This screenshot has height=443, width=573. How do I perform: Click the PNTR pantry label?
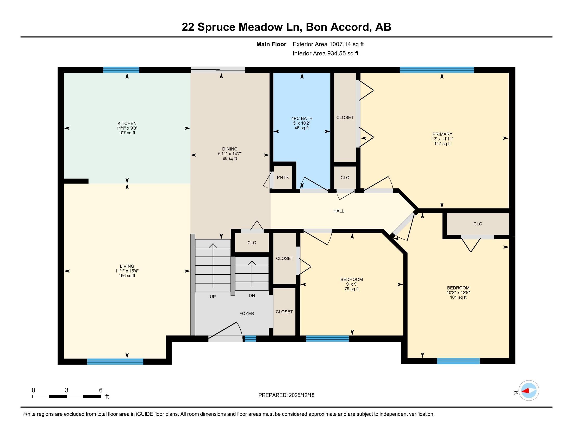(x=283, y=177)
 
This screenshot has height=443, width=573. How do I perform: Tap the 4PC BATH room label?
(x=301, y=118)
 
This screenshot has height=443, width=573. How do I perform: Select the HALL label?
(x=339, y=211)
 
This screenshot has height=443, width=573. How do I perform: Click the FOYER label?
(x=247, y=313)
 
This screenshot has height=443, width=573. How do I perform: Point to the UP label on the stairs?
(x=213, y=297)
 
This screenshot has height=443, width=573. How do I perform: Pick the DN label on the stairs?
(x=252, y=296)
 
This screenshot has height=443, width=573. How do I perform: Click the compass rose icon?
(x=529, y=391)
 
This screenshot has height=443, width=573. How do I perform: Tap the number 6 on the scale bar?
(x=101, y=390)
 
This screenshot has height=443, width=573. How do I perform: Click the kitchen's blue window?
(x=121, y=70)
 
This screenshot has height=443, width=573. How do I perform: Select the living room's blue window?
(x=115, y=361)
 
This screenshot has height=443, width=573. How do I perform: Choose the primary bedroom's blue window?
(x=437, y=70)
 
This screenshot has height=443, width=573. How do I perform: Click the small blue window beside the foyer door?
(x=250, y=339)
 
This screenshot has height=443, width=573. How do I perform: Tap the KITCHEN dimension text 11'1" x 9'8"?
(x=127, y=128)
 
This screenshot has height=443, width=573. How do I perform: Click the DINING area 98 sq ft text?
(x=230, y=158)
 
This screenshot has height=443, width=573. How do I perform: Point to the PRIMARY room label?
(x=442, y=134)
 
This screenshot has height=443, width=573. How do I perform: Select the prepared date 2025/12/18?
(x=301, y=395)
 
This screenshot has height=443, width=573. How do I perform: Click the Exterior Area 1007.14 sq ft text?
(x=328, y=44)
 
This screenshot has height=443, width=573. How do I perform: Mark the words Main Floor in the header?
(x=271, y=44)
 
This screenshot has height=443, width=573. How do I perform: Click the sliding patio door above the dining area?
(x=218, y=70)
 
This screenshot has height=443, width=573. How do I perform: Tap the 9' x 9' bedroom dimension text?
(x=352, y=284)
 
